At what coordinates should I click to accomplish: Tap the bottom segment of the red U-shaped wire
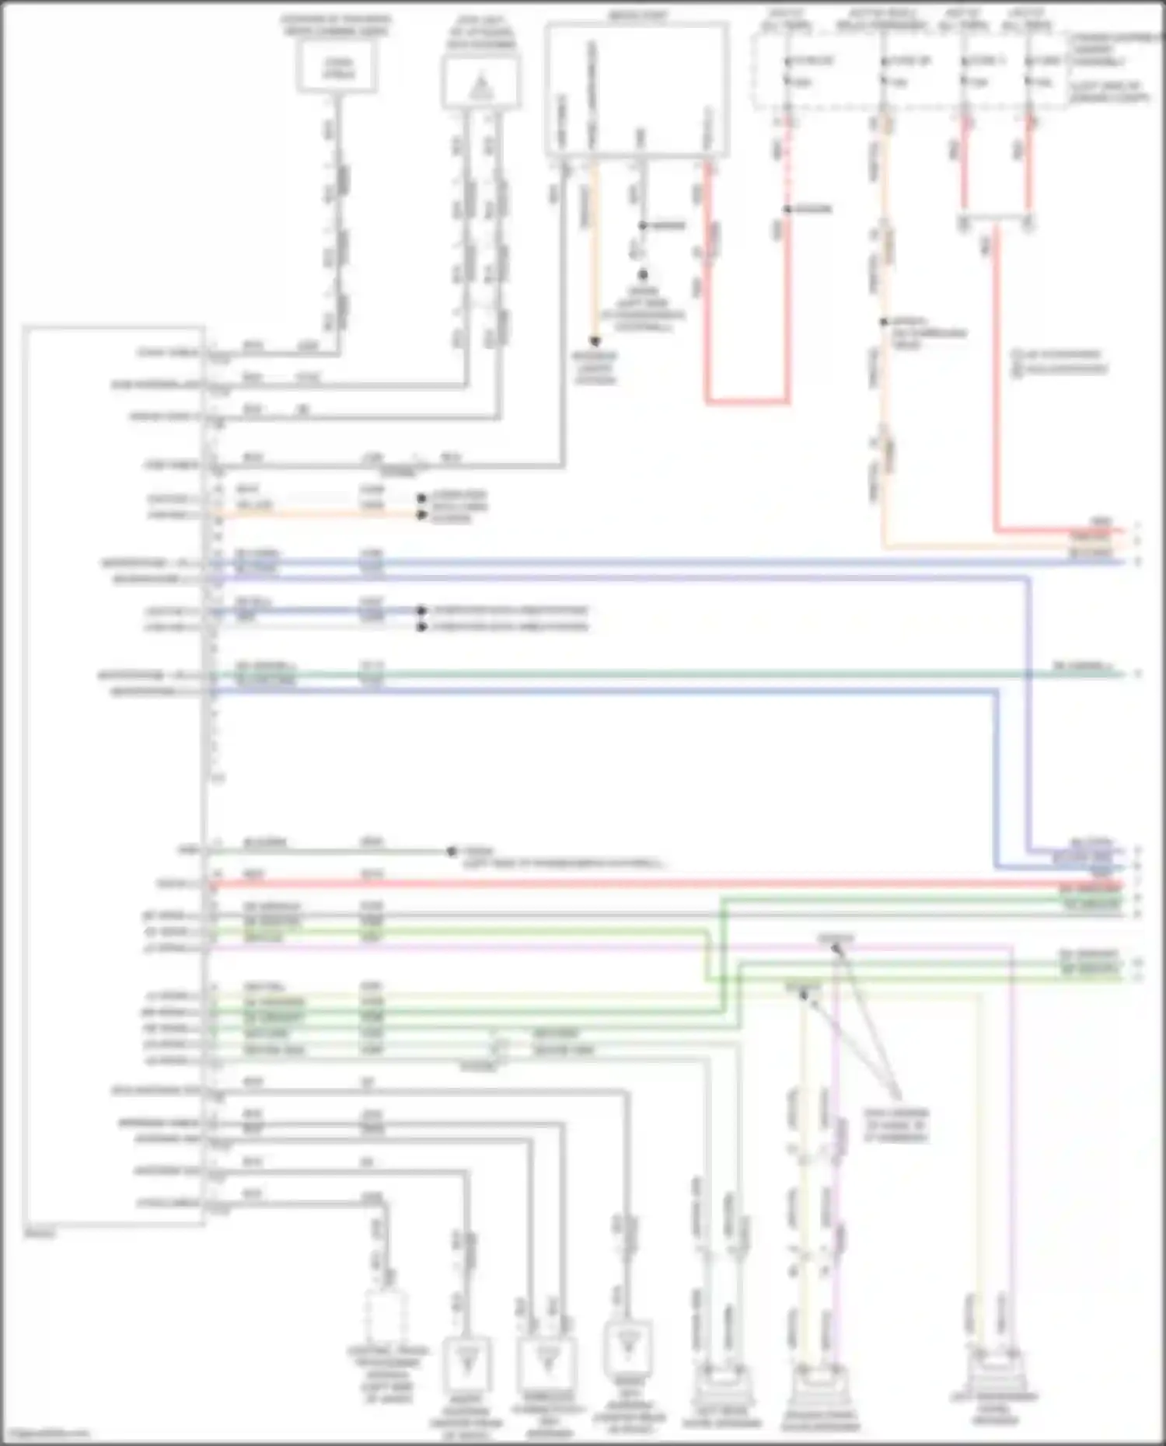tap(748, 402)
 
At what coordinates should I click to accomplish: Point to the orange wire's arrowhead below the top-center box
tap(595, 341)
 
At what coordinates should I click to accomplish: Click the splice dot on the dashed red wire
tap(787, 209)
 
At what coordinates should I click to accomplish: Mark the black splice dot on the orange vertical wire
tap(883, 322)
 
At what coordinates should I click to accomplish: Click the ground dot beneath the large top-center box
tap(643, 274)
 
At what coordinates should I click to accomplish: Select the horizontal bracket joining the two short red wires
tap(996, 218)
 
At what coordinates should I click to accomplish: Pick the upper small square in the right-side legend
tap(1016, 355)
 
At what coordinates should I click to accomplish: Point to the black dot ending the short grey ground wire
tap(452, 852)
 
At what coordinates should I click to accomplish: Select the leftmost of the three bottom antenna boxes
tap(466, 1361)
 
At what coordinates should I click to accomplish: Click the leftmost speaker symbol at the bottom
tap(722, 1387)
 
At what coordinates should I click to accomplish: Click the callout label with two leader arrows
tap(895, 1125)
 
